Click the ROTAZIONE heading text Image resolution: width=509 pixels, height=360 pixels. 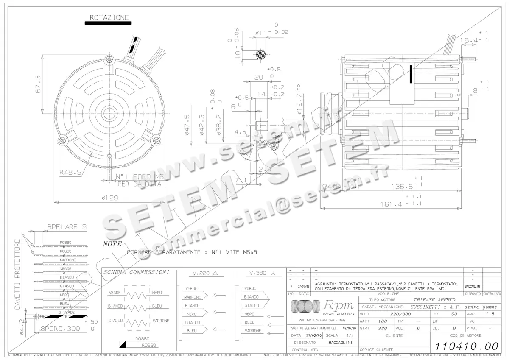click(x=109, y=17)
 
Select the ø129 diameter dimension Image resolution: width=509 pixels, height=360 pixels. click(x=109, y=198)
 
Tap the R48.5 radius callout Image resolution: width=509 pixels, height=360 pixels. click(x=70, y=173)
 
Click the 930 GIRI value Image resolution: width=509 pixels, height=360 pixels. click(x=383, y=329)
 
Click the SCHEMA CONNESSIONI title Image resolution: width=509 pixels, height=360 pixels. click(x=137, y=272)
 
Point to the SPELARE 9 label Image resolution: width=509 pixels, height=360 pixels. click(x=68, y=227)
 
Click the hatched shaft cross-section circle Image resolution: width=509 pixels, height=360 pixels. click(x=261, y=55)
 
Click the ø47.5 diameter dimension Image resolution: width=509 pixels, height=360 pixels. click(x=187, y=125)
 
